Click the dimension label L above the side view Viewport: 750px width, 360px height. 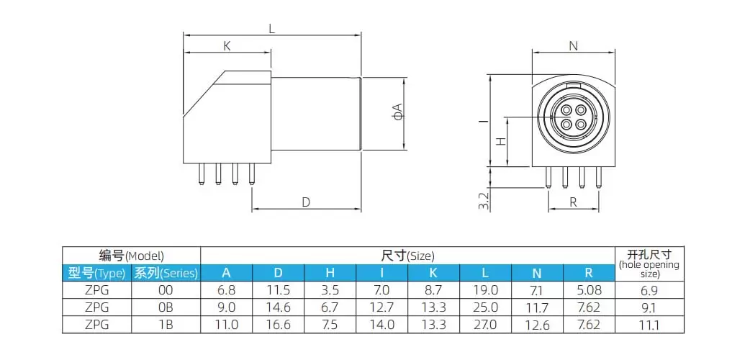pyautogui.click(x=271, y=30)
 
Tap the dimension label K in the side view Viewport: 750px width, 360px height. pyautogui.click(x=227, y=46)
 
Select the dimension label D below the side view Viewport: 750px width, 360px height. pyautogui.click(x=305, y=202)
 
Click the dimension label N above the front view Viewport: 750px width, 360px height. pyautogui.click(x=573, y=46)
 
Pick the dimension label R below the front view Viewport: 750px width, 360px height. pyautogui.click(x=573, y=202)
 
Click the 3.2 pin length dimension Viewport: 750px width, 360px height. pyautogui.click(x=484, y=200)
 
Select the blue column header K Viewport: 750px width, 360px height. pyautogui.click(x=433, y=273)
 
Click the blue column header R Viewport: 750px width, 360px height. pyautogui.click(x=588, y=273)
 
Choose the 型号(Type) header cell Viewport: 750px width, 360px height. pyautogui.click(x=96, y=273)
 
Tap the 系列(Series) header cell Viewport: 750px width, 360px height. pyautogui.click(x=166, y=273)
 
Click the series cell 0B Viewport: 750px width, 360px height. pyautogui.click(x=166, y=307)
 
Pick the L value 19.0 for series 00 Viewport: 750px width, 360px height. pyautogui.click(x=485, y=290)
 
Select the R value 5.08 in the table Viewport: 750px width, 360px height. pyautogui.click(x=588, y=290)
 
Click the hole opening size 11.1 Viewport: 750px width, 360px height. pyautogui.click(x=649, y=325)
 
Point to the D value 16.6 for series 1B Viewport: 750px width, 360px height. pyautogui.click(x=278, y=325)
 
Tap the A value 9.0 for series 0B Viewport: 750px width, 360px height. pyautogui.click(x=226, y=307)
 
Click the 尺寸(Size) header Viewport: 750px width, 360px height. pyautogui.click(x=407, y=256)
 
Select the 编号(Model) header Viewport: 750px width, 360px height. pyautogui.click(x=131, y=256)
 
